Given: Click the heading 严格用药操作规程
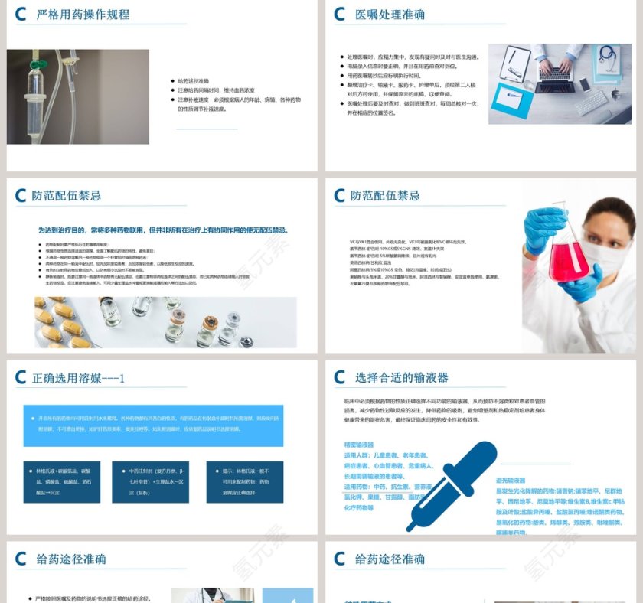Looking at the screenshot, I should coord(83,15).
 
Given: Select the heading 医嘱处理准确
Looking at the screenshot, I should coord(390,15).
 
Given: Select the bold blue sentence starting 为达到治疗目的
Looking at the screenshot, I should coord(163,230).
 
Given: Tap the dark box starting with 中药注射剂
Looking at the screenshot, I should coord(150,482).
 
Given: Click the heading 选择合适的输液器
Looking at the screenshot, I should coord(402,377).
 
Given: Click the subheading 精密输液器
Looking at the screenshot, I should coord(359,445).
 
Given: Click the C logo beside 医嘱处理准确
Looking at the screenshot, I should coord(340,15).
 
